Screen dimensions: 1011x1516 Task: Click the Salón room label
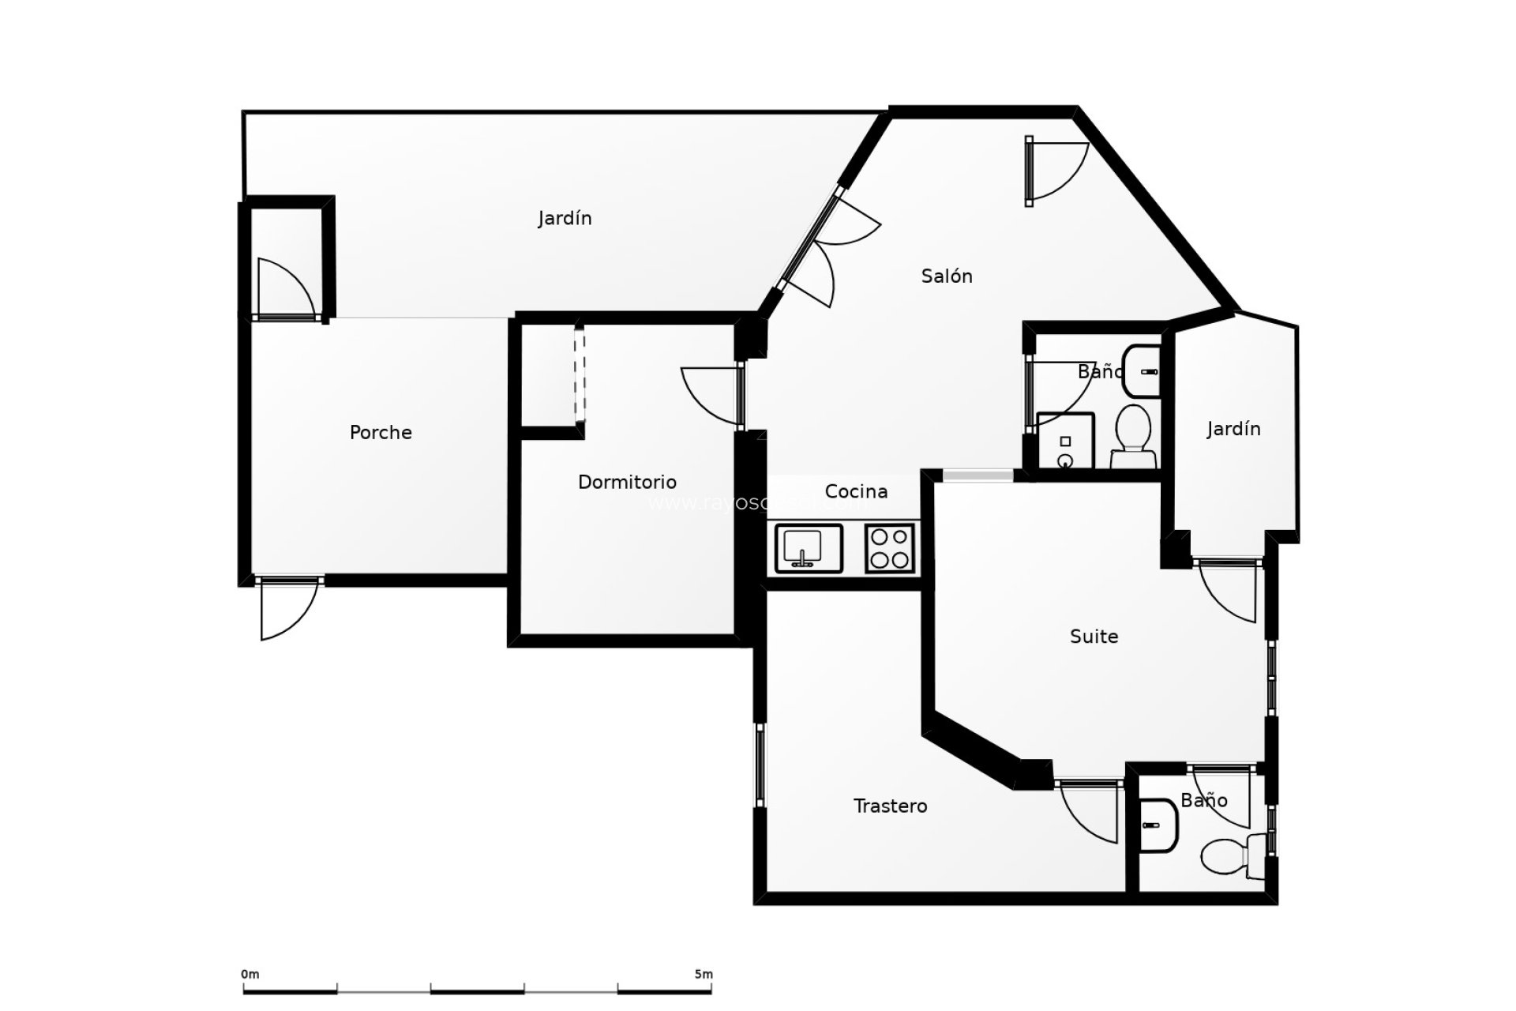946,276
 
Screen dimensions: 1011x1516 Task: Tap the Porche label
381,432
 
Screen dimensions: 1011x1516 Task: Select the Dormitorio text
627,482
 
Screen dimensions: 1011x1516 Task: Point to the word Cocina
856,491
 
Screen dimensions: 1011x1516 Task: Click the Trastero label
890,806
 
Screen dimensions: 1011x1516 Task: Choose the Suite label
1094,636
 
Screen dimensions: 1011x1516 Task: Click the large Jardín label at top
565,218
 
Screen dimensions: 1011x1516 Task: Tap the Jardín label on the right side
1233,429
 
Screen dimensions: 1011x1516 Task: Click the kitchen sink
809,548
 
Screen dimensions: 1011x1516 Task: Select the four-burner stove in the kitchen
890,548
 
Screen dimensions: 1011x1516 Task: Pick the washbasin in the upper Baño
1142,370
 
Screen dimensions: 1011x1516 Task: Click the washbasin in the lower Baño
1158,825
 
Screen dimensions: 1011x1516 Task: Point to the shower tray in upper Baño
1064,441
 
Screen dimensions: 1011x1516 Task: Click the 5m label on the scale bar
703,975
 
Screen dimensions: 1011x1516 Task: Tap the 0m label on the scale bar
250,975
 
